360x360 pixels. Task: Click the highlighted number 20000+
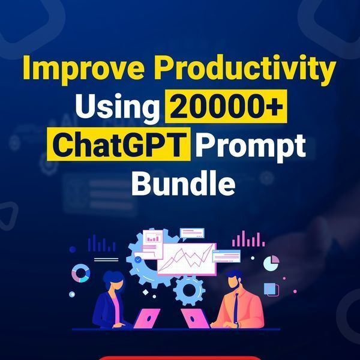pos(227,109)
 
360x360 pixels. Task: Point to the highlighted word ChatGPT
pos(118,146)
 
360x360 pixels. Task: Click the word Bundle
pos(182,183)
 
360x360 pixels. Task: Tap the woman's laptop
pos(146,318)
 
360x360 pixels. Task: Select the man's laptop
pos(194,319)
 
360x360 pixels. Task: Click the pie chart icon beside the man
pos(271,263)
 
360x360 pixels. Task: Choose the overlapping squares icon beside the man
pos(271,289)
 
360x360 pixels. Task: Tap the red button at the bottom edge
pos(180,358)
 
